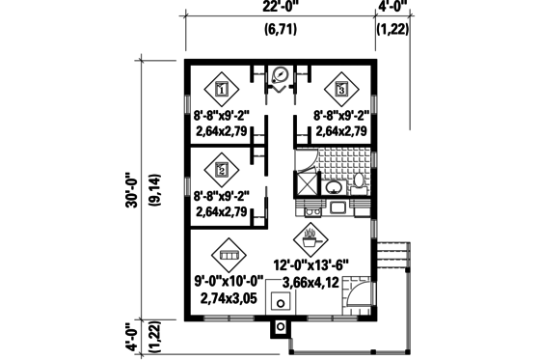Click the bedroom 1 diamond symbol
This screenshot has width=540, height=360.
click(222, 89)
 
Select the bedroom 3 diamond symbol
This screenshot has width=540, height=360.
click(341, 89)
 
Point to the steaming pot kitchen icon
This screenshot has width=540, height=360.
click(310, 235)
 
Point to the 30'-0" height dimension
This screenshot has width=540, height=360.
click(129, 191)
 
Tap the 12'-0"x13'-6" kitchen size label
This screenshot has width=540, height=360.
click(310, 261)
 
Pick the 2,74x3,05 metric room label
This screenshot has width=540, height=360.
click(229, 299)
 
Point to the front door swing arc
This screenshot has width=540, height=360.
click(353, 297)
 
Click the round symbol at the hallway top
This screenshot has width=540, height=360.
click(281, 71)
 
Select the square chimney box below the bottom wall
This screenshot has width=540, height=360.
click(281, 327)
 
